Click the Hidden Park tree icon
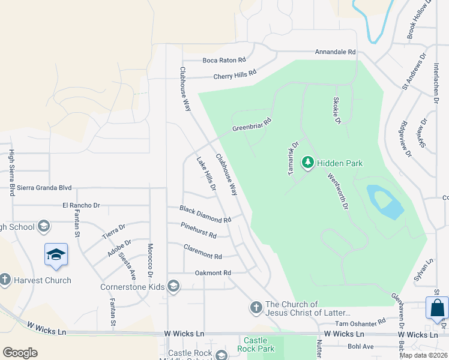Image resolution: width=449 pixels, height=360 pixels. click(x=308, y=162)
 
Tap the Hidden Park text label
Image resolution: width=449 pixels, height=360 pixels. click(x=340, y=163)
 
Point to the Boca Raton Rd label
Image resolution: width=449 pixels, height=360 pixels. click(x=224, y=60)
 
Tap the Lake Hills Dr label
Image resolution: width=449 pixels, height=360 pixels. click(x=206, y=174)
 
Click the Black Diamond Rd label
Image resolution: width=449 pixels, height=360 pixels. click(x=205, y=214)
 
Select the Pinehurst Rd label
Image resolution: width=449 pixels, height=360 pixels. click(x=198, y=230)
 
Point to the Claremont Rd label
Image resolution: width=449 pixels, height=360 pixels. click(x=203, y=253)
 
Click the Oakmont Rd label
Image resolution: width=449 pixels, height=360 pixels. click(x=212, y=273)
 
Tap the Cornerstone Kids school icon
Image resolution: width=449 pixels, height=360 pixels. click(x=173, y=286)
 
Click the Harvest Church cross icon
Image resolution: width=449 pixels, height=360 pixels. click(x=5, y=280)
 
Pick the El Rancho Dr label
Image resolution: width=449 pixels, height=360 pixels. click(x=81, y=205)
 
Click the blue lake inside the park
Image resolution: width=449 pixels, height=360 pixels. click(x=386, y=202)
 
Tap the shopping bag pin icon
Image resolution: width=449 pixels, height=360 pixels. click(x=438, y=308)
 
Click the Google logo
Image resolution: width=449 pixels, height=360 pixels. click(x=20, y=352)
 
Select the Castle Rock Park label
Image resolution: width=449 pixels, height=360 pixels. click(x=255, y=344)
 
